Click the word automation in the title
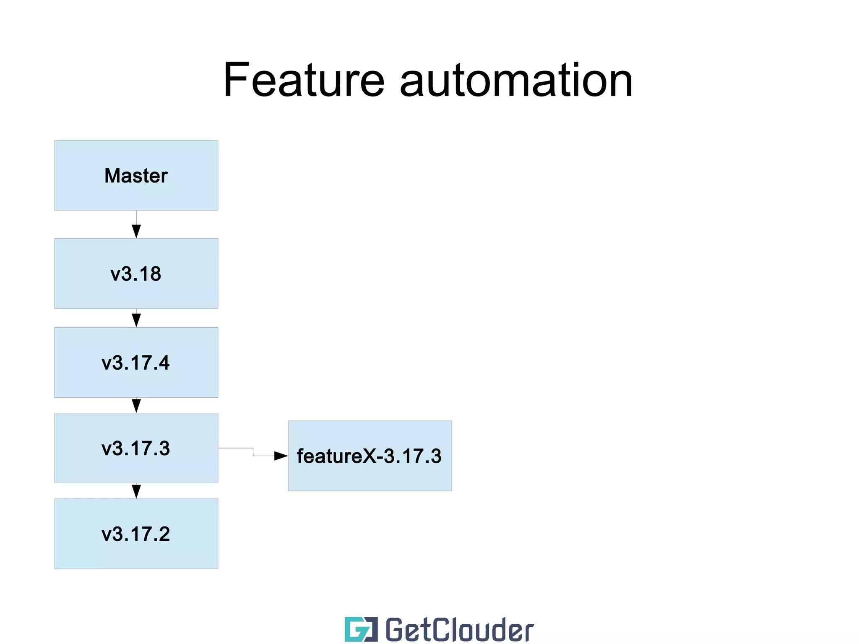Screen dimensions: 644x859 (516, 81)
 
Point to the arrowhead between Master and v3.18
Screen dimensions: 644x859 (136, 231)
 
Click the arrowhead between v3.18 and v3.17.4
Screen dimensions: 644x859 (136, 320)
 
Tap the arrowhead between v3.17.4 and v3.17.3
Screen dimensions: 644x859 (136, 406)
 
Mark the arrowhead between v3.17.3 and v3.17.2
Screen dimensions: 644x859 (136, 491)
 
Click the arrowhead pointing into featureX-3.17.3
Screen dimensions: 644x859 (281, 456)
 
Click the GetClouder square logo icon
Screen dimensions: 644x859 (361, 629)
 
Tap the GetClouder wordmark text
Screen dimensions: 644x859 (459, 629)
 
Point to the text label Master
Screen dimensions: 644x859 (136, 175)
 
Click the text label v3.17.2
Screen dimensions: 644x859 (136, 534)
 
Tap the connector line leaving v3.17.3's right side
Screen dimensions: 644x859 (235, 448)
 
